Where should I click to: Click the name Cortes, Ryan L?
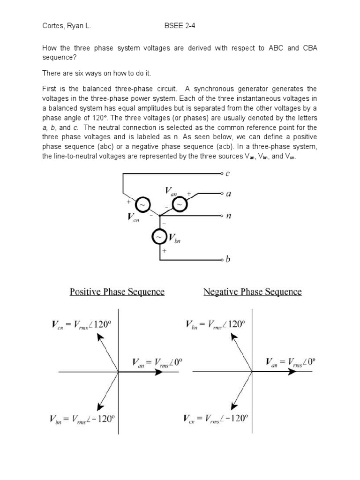click(67, 26)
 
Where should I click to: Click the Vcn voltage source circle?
click(143, 205)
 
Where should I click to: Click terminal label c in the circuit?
click(228, 173)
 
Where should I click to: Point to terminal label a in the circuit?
click(228, 193)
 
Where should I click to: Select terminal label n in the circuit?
click(228, 216)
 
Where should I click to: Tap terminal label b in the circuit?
click(228, 259)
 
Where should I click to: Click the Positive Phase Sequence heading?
click(117, 292)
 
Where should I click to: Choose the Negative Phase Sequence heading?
click(252, 292)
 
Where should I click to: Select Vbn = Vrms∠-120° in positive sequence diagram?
click(82, 419)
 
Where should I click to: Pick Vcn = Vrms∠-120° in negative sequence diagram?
click(216, 419)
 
